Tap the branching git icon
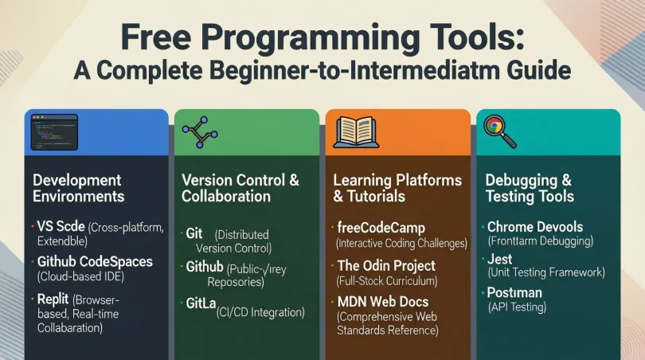tap(194, 132)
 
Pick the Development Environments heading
tap(78, 188)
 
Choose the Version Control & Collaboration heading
tap(240, 188)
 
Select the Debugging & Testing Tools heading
tap(529, 188)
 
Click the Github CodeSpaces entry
tap(95, 261)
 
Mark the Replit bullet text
tap(53, 299)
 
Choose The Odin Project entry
tap(385, 265)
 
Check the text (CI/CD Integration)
tap(260, 313)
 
